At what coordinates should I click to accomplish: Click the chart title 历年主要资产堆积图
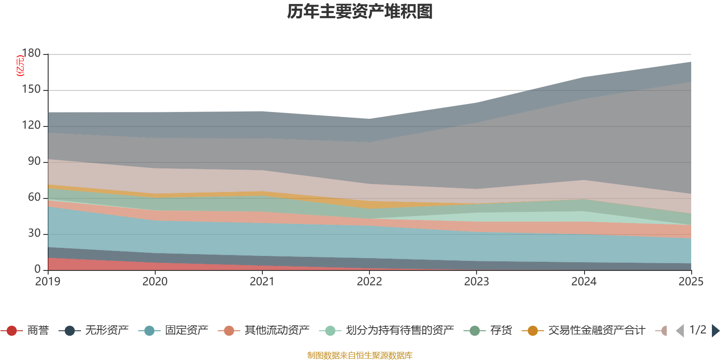pyautogui.click(x=360, y=12)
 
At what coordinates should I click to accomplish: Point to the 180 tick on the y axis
pyautogui.click(x=31, y=53)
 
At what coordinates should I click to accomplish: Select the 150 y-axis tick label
pyautogui.click(x=31, y=89)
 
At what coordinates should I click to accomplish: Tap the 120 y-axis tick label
pyautogui.click(x=31, y=125)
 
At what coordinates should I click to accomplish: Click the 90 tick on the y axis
pyautogui.click(x=34, y=161)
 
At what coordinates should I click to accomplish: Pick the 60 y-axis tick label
pyautogui.click(x=34, y=197)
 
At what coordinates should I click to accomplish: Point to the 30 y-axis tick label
pyautogui.click(x=34, y=233)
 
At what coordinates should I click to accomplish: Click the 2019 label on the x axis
pyautogui.click(x=48, y=281)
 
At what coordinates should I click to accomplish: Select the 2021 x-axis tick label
pyautogui.click(x=262, y=281)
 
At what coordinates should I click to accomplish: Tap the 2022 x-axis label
pyautogui.click(x=369, y=281)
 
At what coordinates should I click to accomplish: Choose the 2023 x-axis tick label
pyautogui.click(x=477, y=281)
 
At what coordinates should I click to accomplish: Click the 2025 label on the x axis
pyautogui.click(x=691, y=281)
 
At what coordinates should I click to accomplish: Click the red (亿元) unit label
pyautogui.click(x=20, y=66)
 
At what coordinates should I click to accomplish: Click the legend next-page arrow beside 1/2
pyautogui.click(x=715, y=331)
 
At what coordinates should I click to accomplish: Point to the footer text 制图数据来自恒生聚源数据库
pyautogui.click(x=360, y=355)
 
